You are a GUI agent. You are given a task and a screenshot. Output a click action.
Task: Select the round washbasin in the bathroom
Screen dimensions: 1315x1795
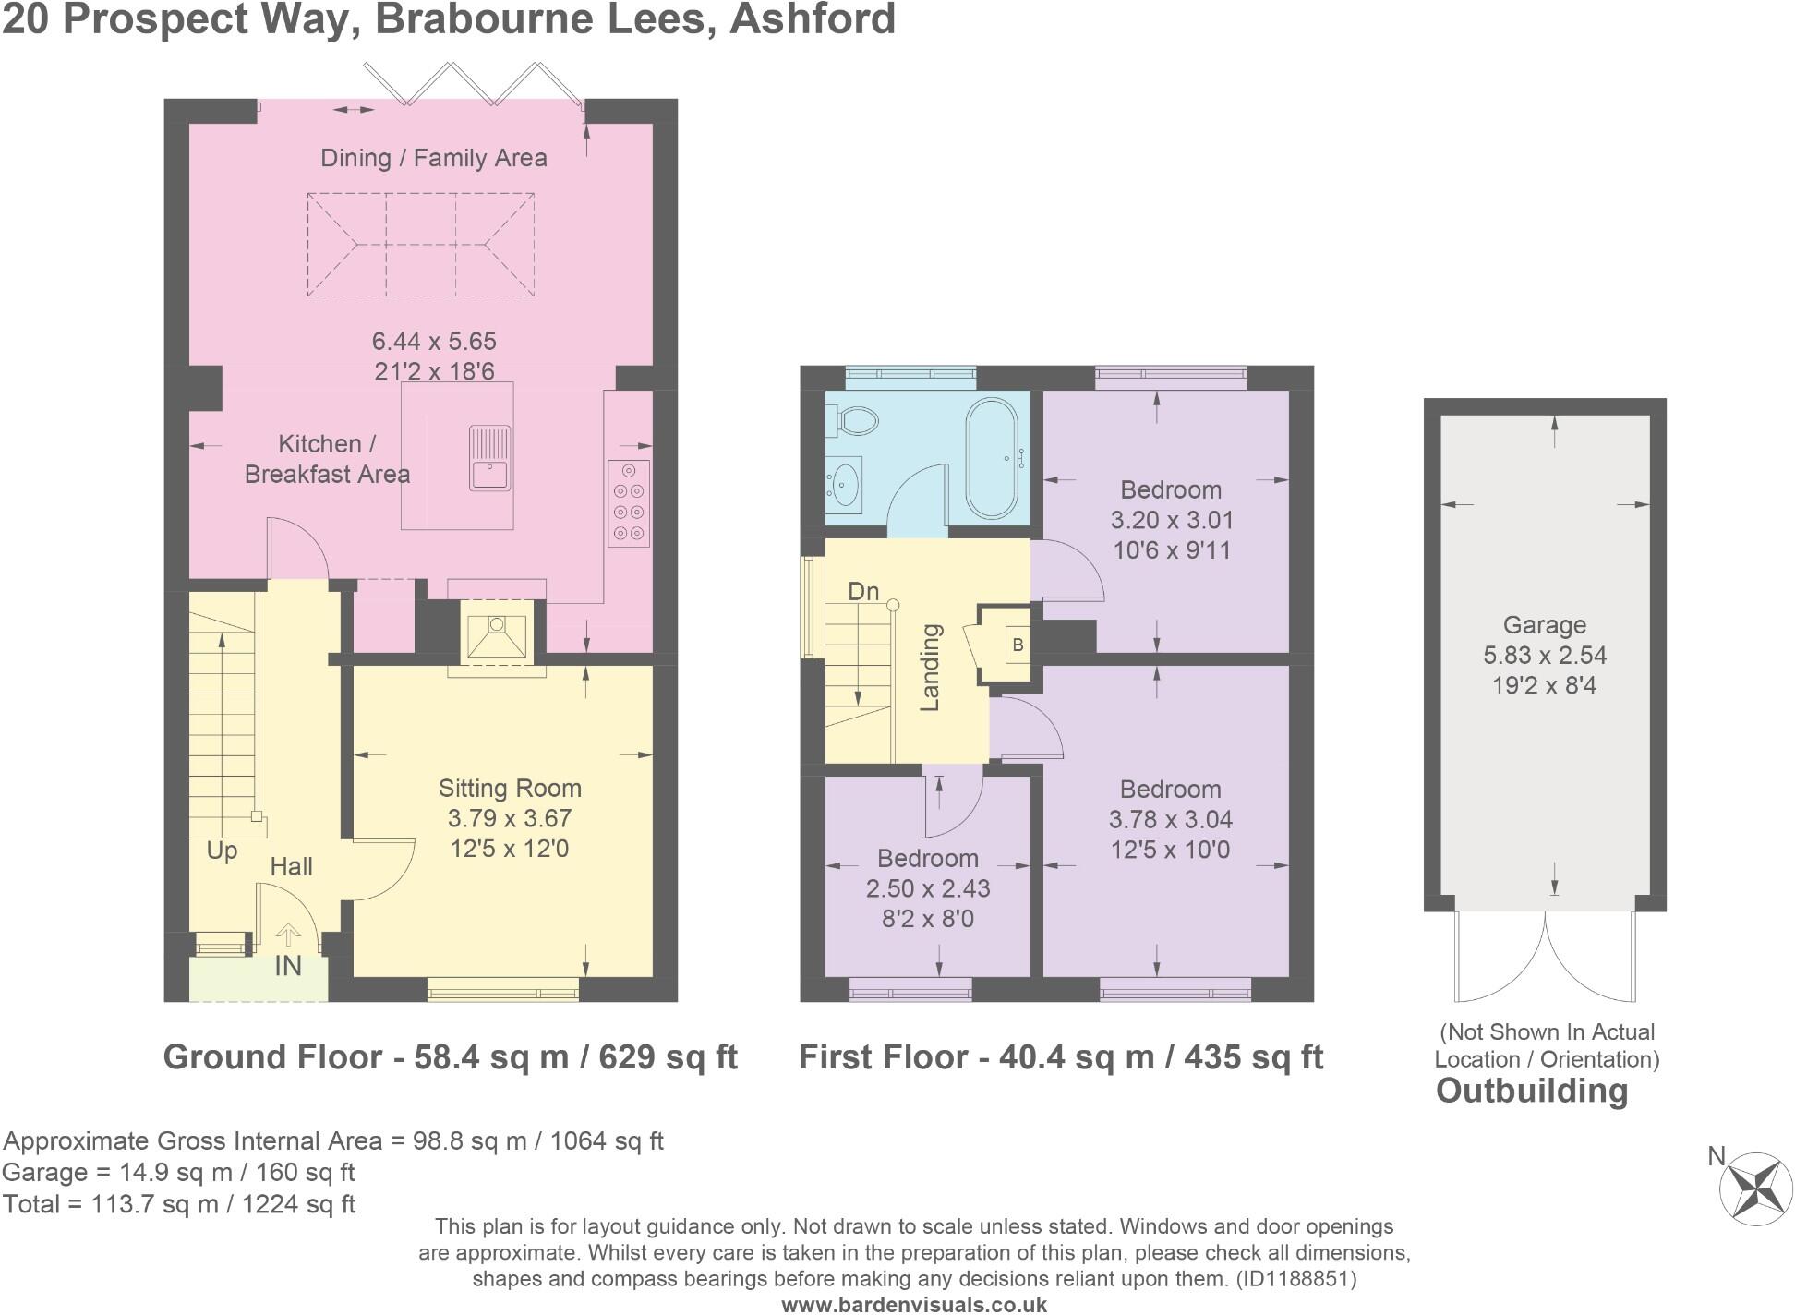[843, 483]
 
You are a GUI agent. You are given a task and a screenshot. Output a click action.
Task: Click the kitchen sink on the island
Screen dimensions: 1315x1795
[489, 458]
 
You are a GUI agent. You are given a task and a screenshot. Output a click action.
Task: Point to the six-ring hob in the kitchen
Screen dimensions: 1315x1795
[629, 503]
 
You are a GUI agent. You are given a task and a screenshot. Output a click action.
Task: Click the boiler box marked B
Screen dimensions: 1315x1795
[1018, 645]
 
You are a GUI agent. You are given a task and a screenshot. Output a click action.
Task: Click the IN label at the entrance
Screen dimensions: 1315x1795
[288, 966]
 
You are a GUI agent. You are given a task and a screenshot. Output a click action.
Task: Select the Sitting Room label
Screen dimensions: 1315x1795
[510, 788]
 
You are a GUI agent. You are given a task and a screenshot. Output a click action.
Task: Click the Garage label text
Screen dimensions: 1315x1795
[1544, 625]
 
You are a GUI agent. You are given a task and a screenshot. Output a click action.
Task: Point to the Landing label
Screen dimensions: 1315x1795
[931, 667]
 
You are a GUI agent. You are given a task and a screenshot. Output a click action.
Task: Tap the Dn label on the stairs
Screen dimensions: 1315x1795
[863, 591]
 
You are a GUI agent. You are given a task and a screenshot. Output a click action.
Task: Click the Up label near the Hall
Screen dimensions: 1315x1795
[222, 850]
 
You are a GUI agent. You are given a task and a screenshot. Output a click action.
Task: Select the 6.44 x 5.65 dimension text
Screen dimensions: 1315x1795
[434, 341]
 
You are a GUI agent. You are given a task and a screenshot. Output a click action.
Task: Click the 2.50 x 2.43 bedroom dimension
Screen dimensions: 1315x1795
[927, 888]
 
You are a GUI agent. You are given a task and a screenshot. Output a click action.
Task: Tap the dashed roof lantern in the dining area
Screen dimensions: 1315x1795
[421, 245]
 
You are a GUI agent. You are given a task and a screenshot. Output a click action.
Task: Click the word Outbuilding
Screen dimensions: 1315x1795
[1531, 1091]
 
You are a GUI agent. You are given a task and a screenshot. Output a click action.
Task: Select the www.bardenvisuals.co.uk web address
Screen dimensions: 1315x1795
[914, 1305]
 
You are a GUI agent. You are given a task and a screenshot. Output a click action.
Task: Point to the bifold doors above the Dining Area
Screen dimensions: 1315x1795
[471, 83]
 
